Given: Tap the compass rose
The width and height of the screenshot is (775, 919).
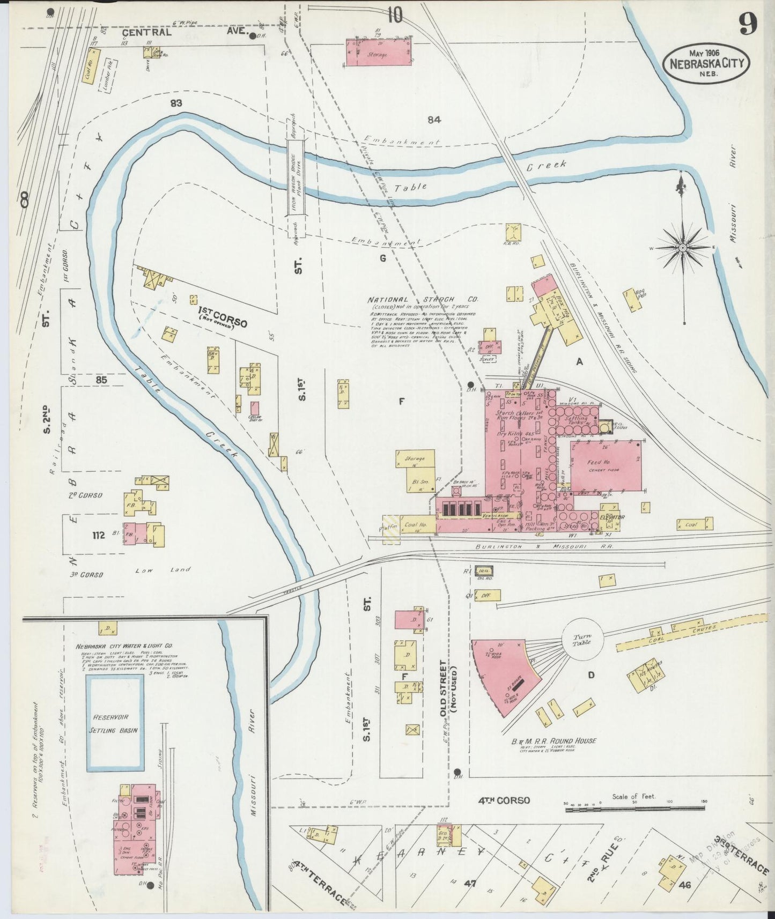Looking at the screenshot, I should tap(682, 248).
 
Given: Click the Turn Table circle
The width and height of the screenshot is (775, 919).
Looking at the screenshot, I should tap(582, 639).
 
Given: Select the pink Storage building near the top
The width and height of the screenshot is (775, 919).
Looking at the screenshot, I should tap(378, 53).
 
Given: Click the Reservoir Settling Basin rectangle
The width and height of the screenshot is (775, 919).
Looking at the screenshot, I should tap(115, 723).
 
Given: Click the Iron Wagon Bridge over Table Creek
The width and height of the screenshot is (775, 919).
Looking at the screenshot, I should tap(293, 182).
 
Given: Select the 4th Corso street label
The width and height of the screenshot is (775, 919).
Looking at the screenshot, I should tap(504, 800).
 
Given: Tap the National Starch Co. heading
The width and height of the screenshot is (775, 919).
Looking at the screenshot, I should tap(423, 300).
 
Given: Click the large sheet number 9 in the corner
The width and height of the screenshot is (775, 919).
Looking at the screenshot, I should tap(747, 24).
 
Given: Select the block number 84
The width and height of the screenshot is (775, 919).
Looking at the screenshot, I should tap(434, 120).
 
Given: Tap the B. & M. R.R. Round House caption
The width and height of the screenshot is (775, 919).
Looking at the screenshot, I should tap(553, 741).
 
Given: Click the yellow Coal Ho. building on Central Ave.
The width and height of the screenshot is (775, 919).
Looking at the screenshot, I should tap(92, 65).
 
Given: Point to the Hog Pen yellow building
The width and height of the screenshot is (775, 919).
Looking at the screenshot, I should tap(633, 300).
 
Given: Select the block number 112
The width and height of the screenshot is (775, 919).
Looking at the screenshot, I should tap(98, 535).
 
